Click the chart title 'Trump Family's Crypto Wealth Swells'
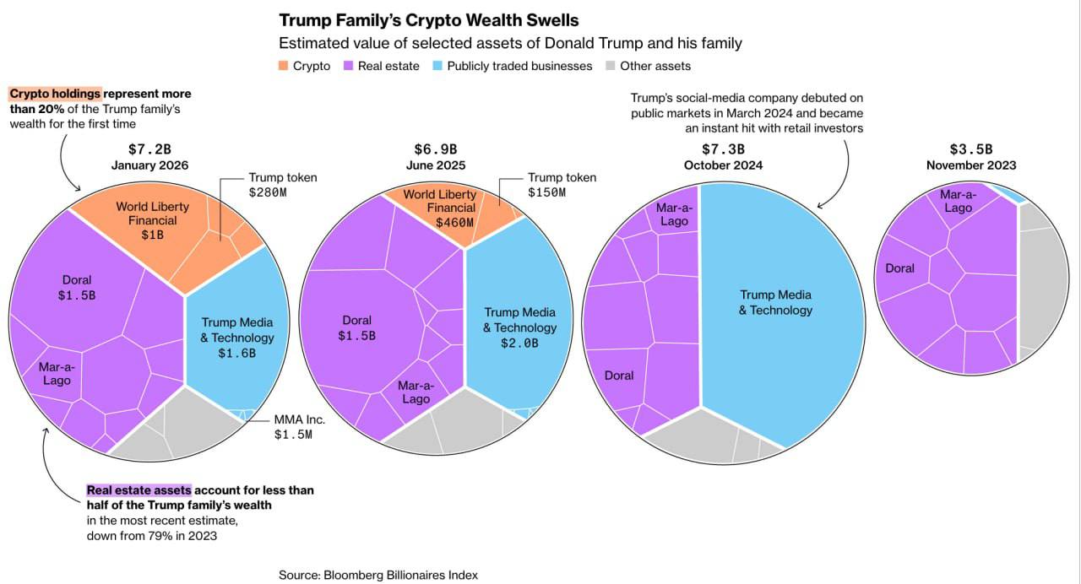(x=429, y=19)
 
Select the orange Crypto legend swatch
(x=284, y=66)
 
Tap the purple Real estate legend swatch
(x=349, y=66)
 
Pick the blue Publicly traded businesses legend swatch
(x=438, y=66)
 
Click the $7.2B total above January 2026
(x=149, y=149)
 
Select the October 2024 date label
(x=723, y=165)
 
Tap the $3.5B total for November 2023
(x=971, y=149)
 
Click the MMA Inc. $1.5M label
(x=299, y=427)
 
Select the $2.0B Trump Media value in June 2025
(x=520, y=343)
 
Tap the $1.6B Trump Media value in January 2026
(x=236, y=353)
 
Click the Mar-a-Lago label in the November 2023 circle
(x=959, y=201)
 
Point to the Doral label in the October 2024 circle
(x=619, y=376)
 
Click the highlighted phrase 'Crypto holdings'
(x=56, y=94)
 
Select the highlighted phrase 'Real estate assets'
(x=139, y=490)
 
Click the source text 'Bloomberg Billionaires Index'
(x=400, y=575)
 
